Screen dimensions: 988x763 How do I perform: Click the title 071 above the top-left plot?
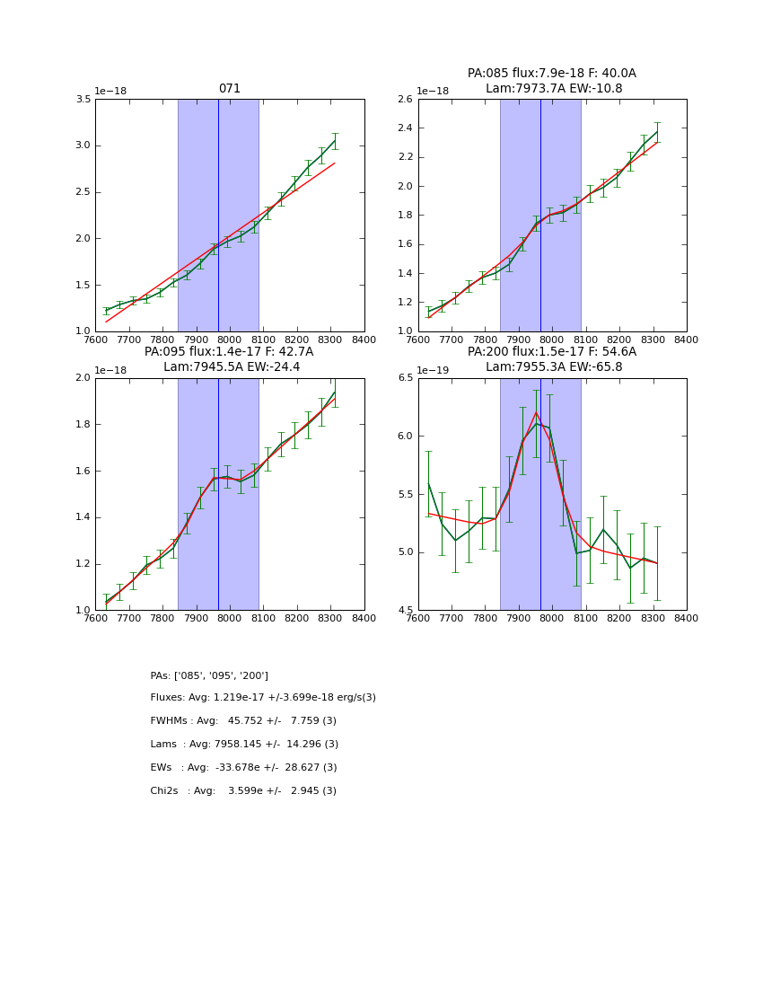pos(230,89)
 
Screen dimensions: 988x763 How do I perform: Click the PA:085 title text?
pos(551,74)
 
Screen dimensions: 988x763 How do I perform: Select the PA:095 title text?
pos(229,352)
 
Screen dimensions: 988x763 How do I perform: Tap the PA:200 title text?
pos(551,352)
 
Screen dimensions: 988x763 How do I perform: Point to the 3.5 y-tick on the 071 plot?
pos(83,100)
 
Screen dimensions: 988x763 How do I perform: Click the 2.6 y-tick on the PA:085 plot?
pos(406,100)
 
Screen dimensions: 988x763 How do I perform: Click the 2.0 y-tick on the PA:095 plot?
pos(83,378)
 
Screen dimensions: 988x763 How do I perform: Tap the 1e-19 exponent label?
pos(433,370)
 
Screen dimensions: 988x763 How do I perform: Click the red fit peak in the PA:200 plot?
pos(536,413)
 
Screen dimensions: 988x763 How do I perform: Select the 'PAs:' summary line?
pos(209,675)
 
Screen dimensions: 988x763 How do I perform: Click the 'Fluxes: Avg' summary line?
pos(263,698)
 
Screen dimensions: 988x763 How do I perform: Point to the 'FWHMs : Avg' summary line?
pos(243,721)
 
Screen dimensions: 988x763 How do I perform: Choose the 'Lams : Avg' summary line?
pos(244,745)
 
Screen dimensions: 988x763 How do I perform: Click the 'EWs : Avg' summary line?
pos(243,768)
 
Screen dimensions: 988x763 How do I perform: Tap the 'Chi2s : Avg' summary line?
pos(243,791)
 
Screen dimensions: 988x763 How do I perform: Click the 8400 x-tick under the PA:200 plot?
pos(687,620)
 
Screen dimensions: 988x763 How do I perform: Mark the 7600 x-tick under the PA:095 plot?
pos(95,620)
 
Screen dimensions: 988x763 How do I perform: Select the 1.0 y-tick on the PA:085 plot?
pos(406,331)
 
